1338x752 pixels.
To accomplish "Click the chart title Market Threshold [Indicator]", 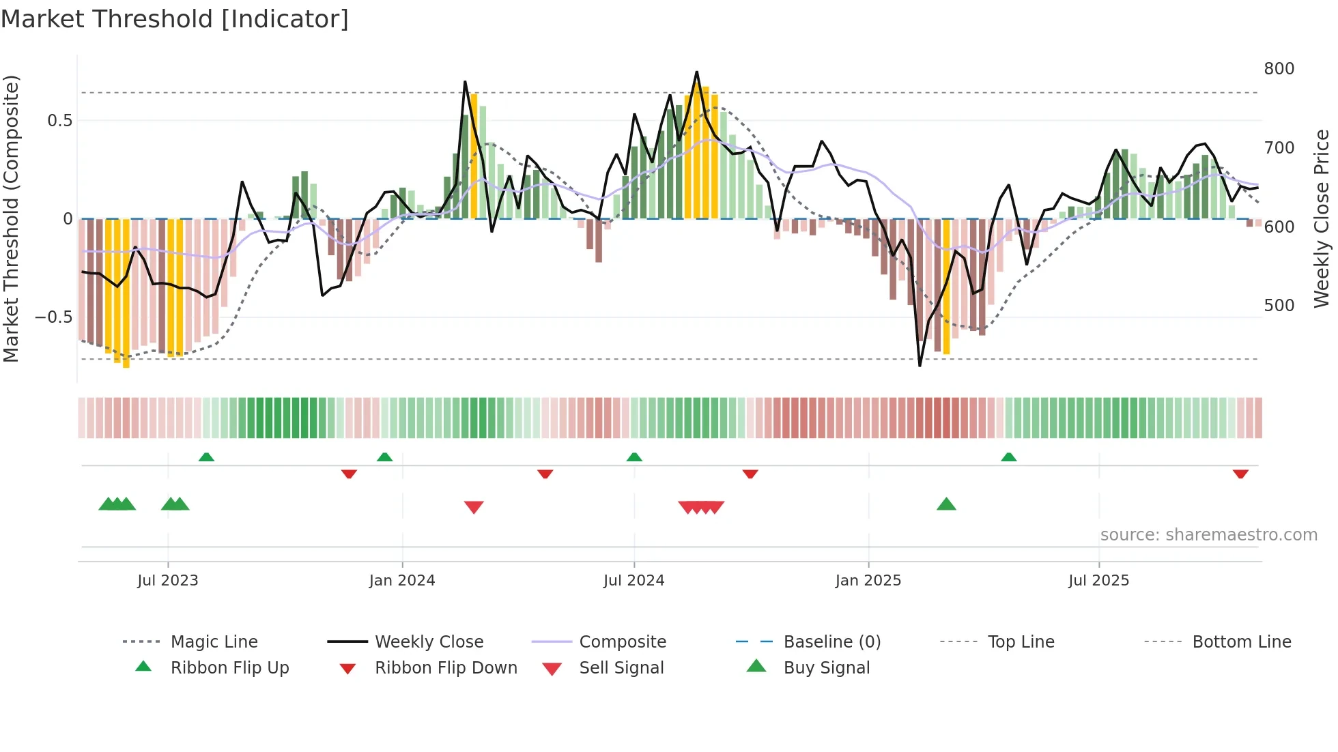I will point(175,19).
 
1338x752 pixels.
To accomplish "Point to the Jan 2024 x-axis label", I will point(402,581).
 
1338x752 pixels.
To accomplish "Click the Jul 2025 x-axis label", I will point(1098,581).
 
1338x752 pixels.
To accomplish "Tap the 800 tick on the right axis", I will point(1279,69).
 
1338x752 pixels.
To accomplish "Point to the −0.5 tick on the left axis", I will point(53,317).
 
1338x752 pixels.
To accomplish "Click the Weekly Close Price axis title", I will point(1322,218).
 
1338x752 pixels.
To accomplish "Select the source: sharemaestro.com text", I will point(1208,535).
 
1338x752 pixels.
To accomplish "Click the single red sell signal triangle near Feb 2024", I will point(474,506).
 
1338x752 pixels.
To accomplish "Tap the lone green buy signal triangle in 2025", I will point(946,505).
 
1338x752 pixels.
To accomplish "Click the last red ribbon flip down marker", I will point(1240,474).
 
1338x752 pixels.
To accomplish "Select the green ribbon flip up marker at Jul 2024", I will point(634,457).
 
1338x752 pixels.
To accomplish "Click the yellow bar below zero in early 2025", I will point(946,287).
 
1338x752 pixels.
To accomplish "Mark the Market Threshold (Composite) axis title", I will point(11,218).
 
